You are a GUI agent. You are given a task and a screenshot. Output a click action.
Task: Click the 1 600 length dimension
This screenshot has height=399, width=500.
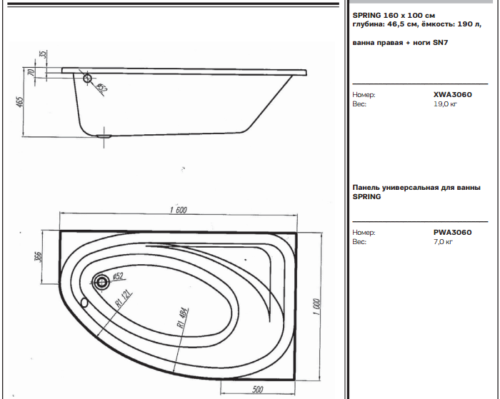click(179, 210)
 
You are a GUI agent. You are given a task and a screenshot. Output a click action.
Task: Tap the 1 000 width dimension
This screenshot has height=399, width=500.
click(316, 307)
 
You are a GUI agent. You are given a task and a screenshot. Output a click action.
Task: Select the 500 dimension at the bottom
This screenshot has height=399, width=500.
click(258, 389)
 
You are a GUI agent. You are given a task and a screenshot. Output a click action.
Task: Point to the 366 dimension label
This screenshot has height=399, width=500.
click(38, 257)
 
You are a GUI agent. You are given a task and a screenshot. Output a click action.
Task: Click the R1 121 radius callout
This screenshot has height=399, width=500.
click(124, 300)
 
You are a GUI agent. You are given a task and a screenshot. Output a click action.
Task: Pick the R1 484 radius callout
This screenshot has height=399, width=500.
click(183, 318)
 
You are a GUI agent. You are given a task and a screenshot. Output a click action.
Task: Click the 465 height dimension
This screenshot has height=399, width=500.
click(20, 102)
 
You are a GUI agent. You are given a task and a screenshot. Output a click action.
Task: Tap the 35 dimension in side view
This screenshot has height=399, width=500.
click(44, 54)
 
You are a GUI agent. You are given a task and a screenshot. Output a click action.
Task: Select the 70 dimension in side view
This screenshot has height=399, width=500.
click(31, 72)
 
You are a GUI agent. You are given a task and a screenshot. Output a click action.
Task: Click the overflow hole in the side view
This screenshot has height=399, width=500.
click(87, 78)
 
